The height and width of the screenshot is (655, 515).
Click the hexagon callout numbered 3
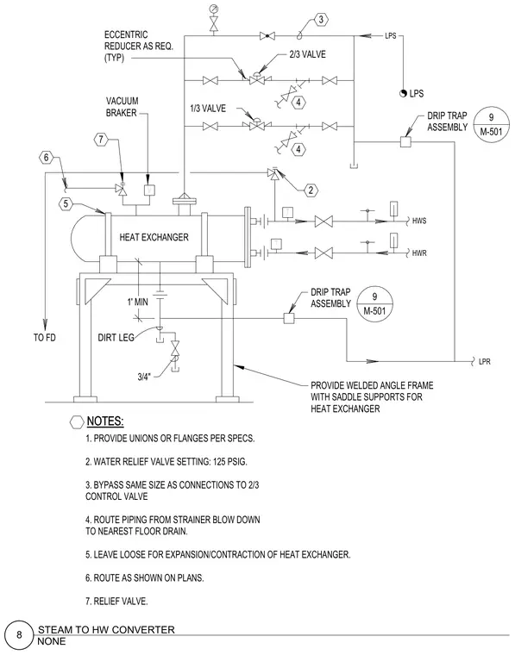click(x=321, y=19)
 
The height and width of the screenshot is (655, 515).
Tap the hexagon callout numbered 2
click(x=311, y=190)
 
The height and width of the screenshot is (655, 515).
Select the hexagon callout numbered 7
click(x=101, y=139)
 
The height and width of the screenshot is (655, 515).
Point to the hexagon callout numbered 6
click(x=46, y=158)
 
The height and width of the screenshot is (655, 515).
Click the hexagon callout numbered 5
click(x=66, y=204)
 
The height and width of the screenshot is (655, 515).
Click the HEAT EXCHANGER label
click(x=154, y=237)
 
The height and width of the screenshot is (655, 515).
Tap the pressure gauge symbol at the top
click(x=215, y=9)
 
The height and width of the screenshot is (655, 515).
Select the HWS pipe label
click(x=419, y=221)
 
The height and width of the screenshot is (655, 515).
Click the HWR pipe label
click(x=419, y=253)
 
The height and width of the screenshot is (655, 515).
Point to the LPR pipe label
click(x=485, y=362)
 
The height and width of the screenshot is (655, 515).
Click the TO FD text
click(x=45, y=338)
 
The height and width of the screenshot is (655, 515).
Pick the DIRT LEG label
click(x=116, y=338)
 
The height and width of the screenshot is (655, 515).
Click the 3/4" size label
click(x=144, y=377)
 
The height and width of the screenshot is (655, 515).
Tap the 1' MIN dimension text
click(x=137, y=302)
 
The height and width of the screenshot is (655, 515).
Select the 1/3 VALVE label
click(x=208, y=109)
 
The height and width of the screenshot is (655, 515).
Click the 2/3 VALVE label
click(x=307, y=54)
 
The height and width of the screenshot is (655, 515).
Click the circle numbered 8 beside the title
click(x=19, y=635)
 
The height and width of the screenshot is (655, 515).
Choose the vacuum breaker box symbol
click(x=149, y=190)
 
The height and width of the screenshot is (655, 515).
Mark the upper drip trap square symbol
click(x=405, y=142)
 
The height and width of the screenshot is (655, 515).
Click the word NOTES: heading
click(x=105, y=421)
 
